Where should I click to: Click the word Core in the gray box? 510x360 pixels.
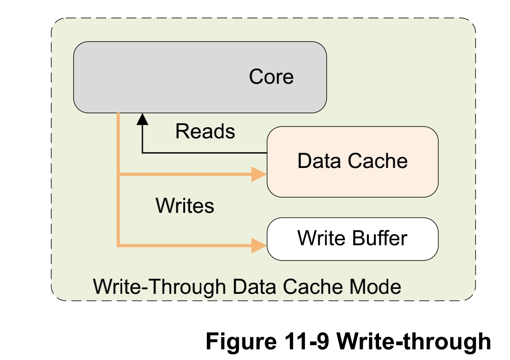[x=271, y=77]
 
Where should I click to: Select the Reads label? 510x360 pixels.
[x=205, y=132]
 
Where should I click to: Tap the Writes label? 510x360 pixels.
[x=185, y=205]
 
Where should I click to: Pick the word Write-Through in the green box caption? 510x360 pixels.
[x=159, y=287]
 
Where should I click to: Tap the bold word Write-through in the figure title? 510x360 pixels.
[x=413, y=341]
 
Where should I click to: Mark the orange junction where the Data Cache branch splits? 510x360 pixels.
[x=119, y=175]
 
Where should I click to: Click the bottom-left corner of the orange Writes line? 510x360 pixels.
[x=119, y=245]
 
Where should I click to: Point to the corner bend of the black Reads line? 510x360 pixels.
[x=143, y=152]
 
